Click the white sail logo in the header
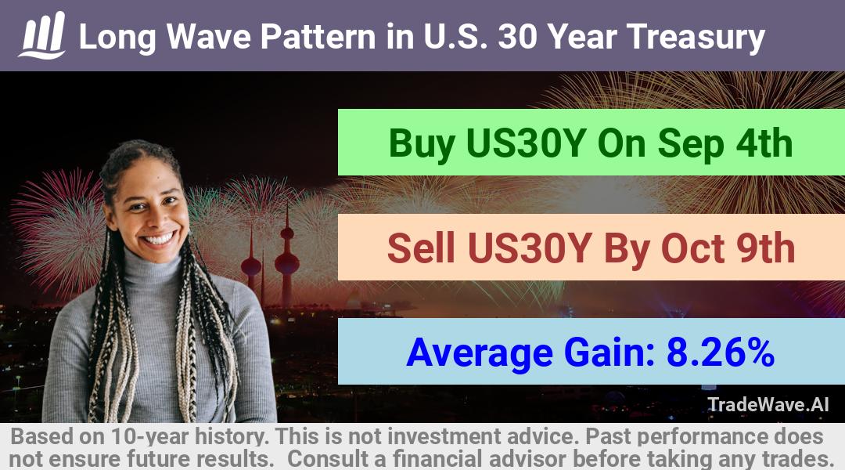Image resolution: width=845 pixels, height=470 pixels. pos(42,35)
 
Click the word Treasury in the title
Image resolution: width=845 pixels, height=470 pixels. pos(696,38)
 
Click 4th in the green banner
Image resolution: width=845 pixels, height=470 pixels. pos(764,143)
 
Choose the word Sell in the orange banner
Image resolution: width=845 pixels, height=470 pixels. pos(421,248)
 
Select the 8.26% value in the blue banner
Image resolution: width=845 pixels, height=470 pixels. pos(721,352)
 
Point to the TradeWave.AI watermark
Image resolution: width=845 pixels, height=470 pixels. pos(768,404)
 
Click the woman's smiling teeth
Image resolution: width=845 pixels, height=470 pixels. pos(160,238)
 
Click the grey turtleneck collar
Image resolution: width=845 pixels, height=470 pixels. pos(153,267)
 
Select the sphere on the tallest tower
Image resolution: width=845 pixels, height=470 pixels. pos(286,263)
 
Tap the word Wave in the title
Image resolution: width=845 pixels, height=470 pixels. pos(208,37)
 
